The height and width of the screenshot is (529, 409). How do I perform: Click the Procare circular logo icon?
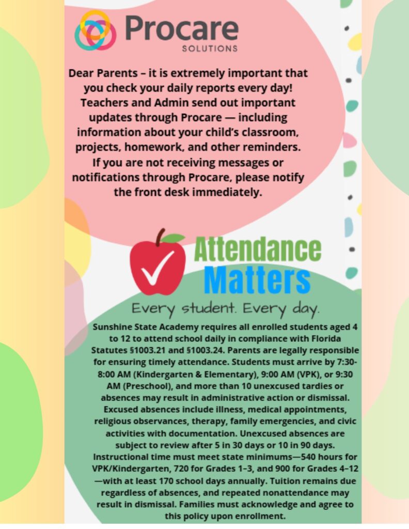(x=96, y=30)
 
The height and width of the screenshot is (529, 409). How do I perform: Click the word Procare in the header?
(x=181, y=28)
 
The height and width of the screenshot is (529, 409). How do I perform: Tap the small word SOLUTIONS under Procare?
(x=210, y=49)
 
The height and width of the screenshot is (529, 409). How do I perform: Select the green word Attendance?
(x=257, y=250)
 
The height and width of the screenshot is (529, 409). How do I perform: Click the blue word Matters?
(x=257, y=280)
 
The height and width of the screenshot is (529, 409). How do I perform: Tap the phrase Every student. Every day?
(x=225, y=309)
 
